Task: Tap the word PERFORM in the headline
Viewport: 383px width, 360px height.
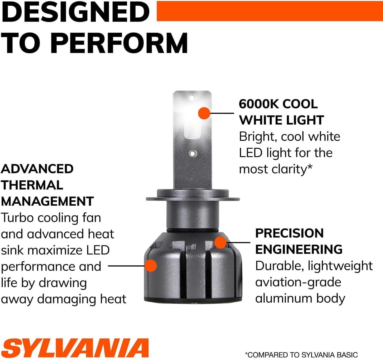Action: pos(120,43)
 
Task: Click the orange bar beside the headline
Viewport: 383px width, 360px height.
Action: pos(270,11)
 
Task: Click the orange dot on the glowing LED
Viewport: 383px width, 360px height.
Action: pos(204,113)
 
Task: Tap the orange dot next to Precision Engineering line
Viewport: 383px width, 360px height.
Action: pos(220,242)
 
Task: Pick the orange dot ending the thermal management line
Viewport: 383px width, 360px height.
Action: pos(151,266)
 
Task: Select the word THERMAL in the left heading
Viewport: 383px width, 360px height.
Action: pos(32,185)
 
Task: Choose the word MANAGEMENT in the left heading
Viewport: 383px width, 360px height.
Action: pos(47,201)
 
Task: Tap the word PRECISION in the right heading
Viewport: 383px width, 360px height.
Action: pos(290,233)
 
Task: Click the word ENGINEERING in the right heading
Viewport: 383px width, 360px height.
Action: pos(299,249)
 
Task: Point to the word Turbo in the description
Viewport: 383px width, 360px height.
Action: pos(18,217)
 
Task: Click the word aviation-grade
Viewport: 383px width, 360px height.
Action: pos(298,282)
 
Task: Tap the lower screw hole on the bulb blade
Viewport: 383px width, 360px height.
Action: pos(193,154)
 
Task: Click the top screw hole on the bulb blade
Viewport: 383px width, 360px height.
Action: pos(192,98)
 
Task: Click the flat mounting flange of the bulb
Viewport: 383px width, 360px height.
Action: pos(193,199)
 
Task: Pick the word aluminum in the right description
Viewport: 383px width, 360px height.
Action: pos(284,299)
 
